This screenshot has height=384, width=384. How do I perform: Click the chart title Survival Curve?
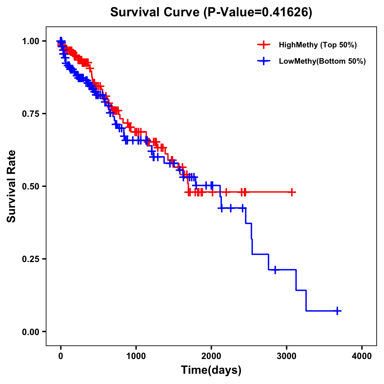[156, 12]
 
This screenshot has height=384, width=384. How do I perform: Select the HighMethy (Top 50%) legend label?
[317, 45]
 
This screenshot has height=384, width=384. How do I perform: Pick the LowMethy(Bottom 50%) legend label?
[322, 61]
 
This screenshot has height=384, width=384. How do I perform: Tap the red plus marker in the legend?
[263, 45]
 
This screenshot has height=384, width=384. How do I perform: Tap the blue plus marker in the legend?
[263, 61]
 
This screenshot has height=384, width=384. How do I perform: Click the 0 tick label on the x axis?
[61, 356]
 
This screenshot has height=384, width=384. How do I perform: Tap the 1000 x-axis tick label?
[136, 356]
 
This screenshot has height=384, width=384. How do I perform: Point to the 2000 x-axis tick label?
[211, 356]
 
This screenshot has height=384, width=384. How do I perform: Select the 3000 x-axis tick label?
[287, 356]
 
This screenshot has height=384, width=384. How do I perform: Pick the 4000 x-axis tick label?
[362, 356]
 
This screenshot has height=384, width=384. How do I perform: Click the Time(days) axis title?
[211, 370]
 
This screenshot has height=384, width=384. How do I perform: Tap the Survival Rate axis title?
[12, 186]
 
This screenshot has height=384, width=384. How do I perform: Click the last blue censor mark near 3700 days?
[337, 311]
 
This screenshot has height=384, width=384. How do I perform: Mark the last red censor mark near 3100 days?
[292, 192]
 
